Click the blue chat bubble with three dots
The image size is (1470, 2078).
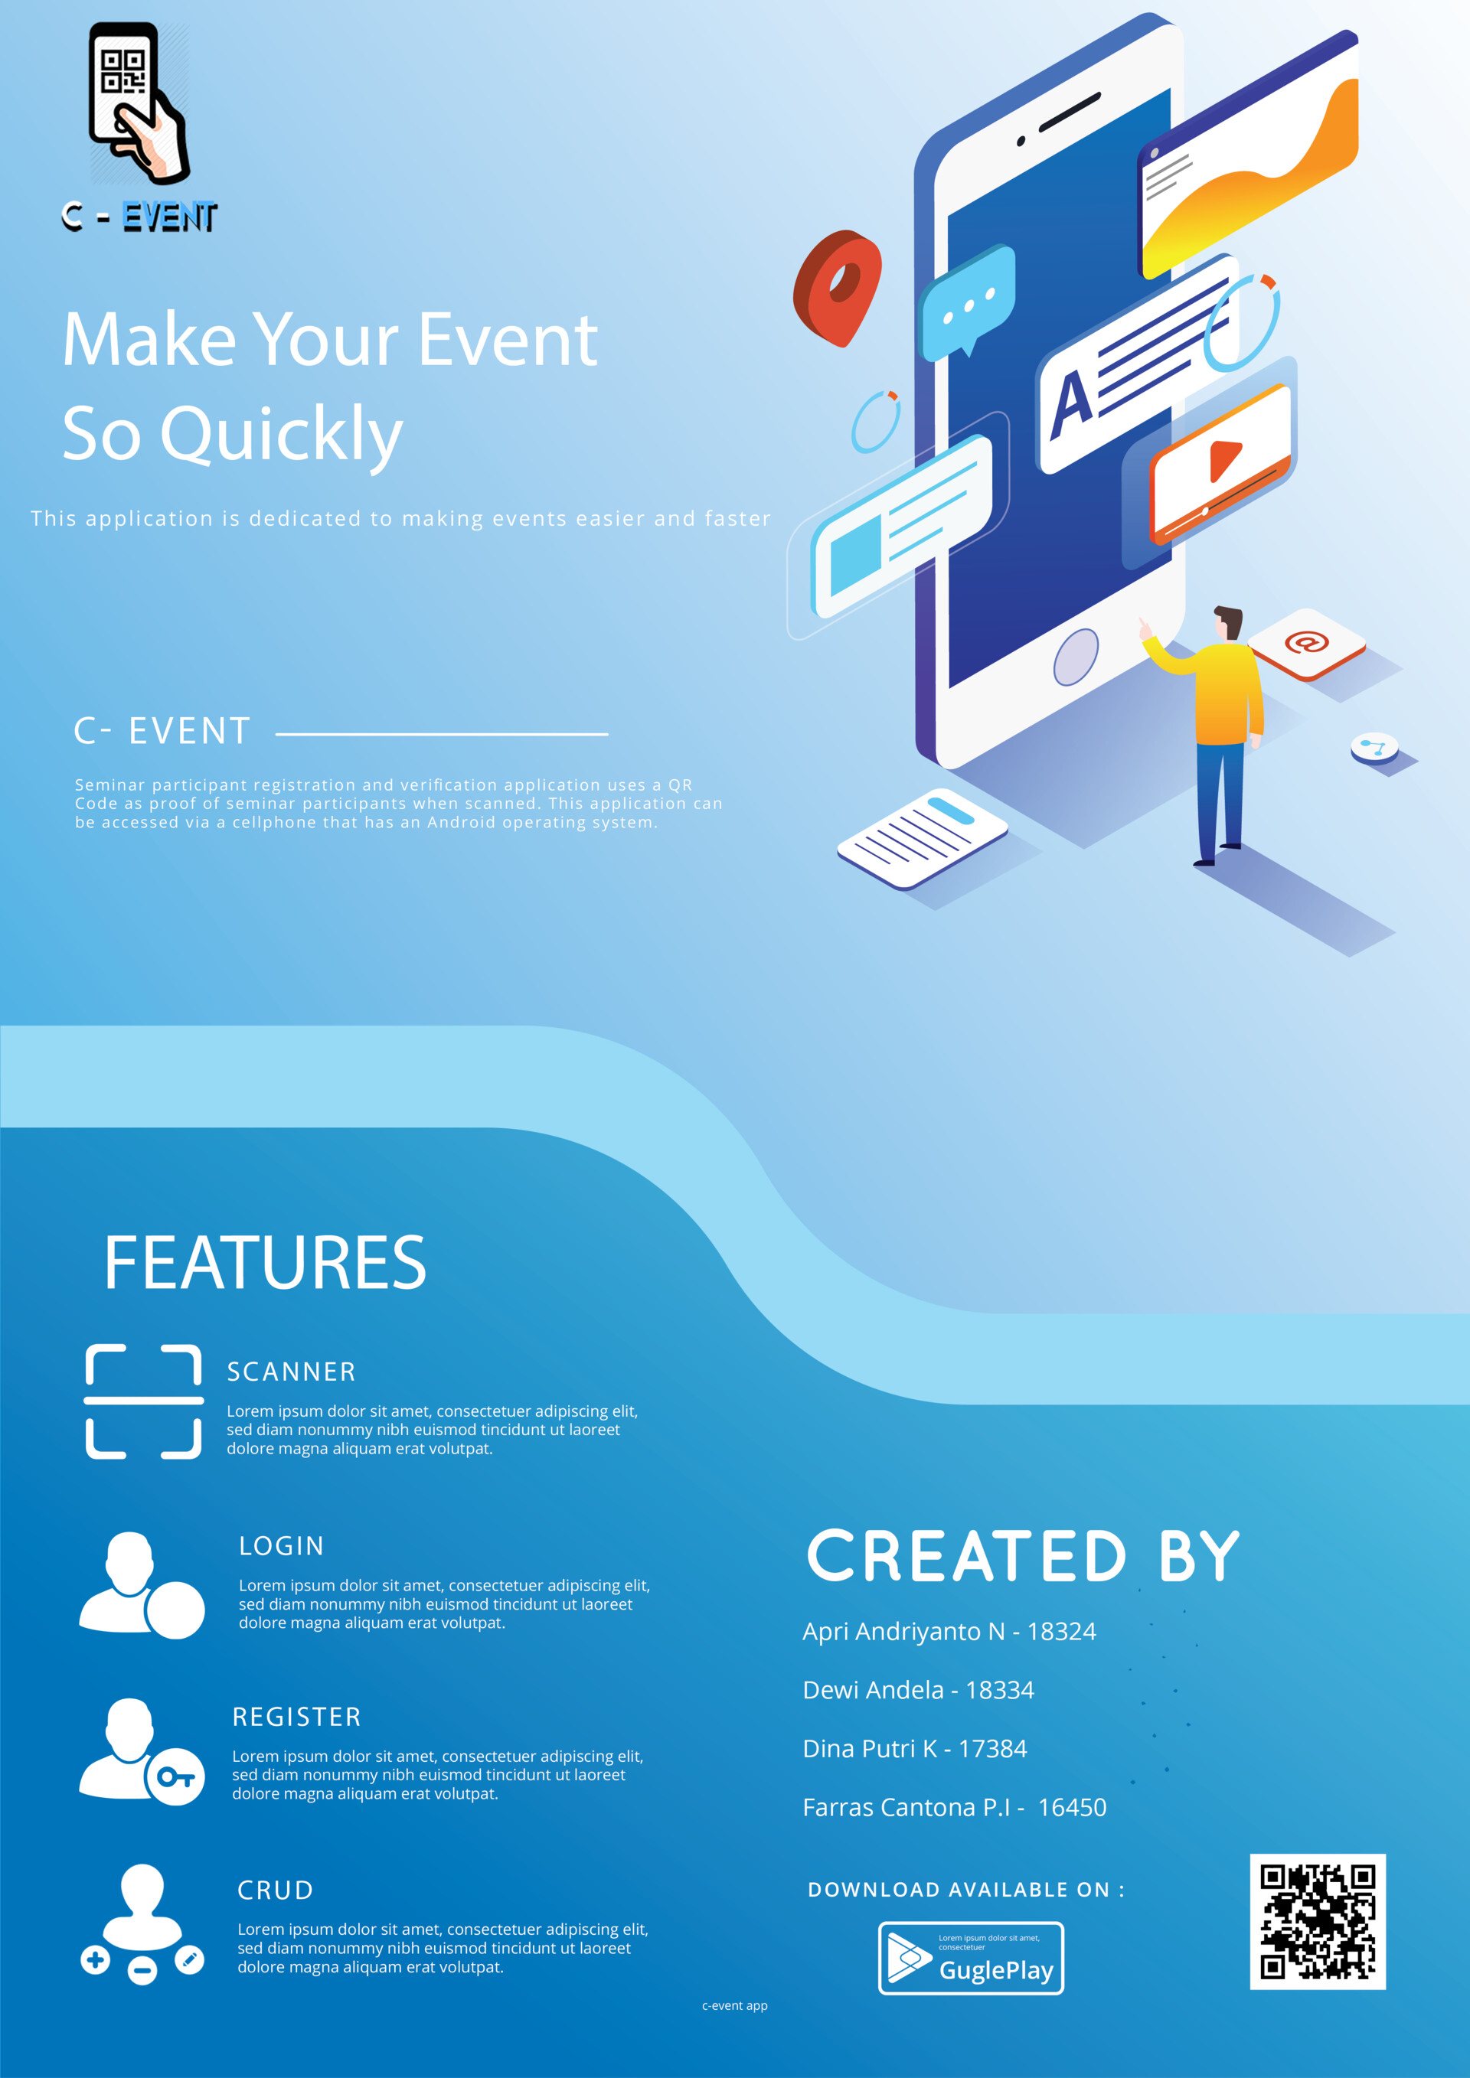(x=968, y=302)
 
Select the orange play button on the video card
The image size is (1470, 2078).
(x=1223, y=460)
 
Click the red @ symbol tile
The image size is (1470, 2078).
(x=1306, y=644)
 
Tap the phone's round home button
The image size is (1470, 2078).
(x=1076, y=657)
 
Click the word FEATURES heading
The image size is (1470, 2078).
(x=264, y=1263)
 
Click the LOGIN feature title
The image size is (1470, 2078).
(x=282, y=1546)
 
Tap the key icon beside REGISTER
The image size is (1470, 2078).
(x=175, y=1776)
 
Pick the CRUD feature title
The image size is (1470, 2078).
(x=275, y=1890)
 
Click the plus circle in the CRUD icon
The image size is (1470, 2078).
(x=95, y=1960)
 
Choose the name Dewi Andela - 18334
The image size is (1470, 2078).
(x=918, y=1690)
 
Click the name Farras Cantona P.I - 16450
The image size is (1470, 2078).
(x=954, y=1807)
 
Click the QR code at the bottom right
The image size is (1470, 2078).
(x=1318, y=1921)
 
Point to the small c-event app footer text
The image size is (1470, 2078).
(x=735, y=2005)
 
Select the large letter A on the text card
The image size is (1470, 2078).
(x=1072, y=403)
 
